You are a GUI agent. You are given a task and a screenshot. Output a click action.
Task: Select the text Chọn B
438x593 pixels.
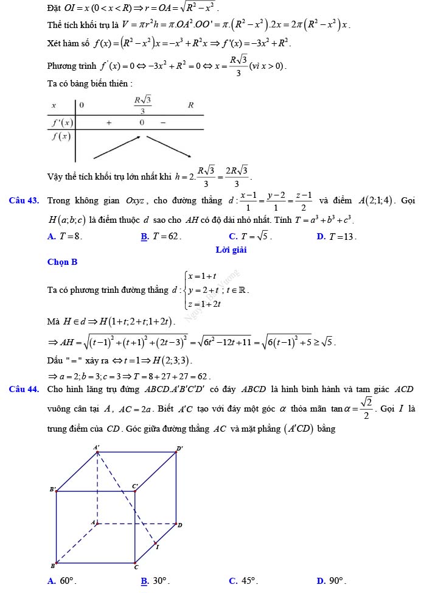tap(62, 262)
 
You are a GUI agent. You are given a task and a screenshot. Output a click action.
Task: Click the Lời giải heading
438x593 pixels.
tap(231, 250)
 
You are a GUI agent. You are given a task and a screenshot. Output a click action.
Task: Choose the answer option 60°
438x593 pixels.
tap(62, 581)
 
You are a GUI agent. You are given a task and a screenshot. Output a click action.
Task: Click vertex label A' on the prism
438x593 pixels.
tap(96, 447)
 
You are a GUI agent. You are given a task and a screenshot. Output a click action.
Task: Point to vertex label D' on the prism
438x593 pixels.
tap(179, 449)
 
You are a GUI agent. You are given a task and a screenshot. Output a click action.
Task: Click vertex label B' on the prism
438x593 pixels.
tap(52, 488)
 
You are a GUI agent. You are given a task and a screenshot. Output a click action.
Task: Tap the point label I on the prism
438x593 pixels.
tap(158, 547)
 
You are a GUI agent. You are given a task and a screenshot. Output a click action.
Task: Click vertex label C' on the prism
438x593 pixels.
tap(136, 486)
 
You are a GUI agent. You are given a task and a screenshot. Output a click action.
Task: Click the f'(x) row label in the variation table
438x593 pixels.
tap(62, 122)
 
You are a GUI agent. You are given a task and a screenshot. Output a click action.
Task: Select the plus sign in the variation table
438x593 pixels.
tap(109, 122)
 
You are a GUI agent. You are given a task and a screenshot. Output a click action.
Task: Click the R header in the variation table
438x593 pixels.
tap(190, 105)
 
